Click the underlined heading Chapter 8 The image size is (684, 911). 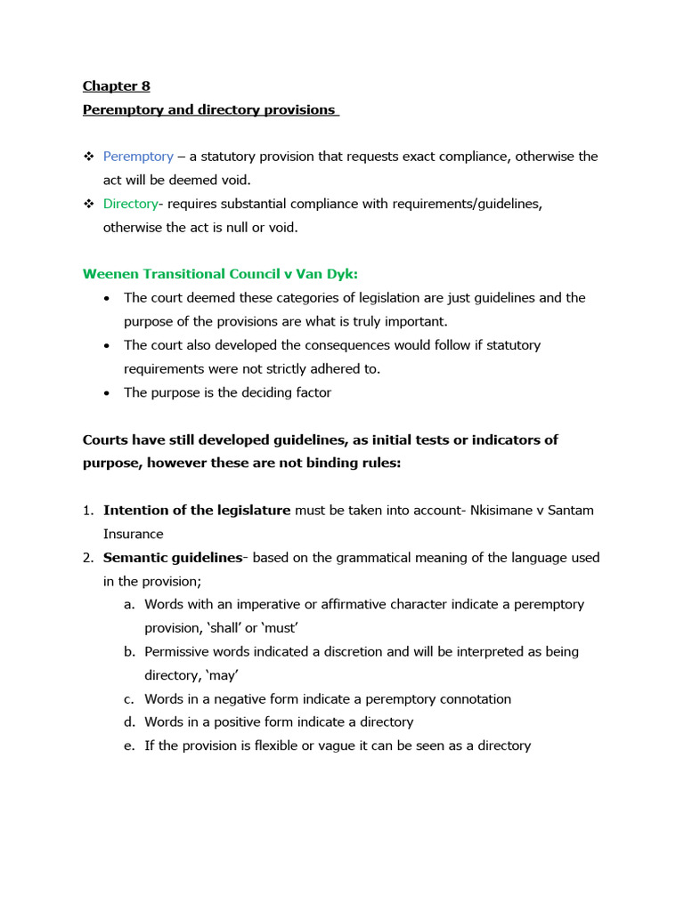(x=116, y=86)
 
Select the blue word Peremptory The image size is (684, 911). (x=138, y=157)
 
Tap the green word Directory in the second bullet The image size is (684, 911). (x=130, y=204)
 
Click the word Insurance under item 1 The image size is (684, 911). (x=133, y=534)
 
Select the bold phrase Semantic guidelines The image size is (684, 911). (x=173, y=558)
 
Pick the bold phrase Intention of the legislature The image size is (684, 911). (x=197, y=511)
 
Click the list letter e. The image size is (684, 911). (x=129, y=746)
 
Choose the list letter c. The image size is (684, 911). (x=129, y=699)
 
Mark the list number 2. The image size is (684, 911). (x=88, y=558)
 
